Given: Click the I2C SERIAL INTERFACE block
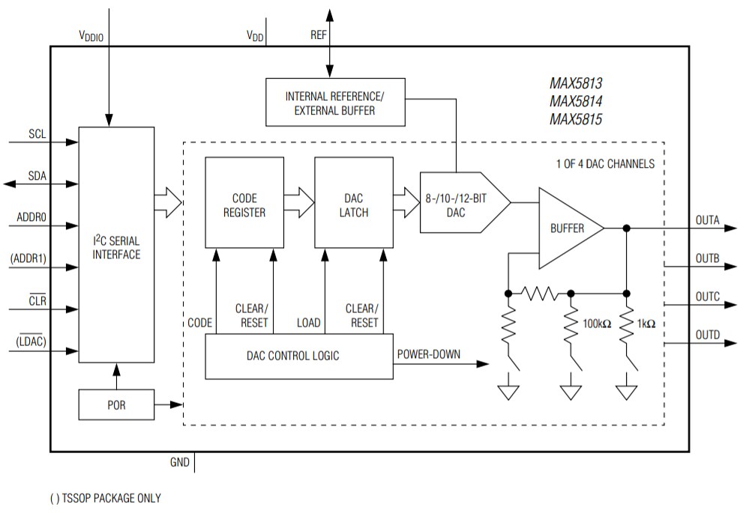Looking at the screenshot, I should point(116,247).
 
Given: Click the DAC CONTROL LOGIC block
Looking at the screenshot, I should point(298,356).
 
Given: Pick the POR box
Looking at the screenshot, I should point(116,405).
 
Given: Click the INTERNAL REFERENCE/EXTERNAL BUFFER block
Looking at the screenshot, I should point(335,103).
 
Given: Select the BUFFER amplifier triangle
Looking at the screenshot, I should point(568,228).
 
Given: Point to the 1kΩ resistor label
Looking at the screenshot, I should point(646,324).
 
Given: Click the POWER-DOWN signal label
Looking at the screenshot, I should point(430,354).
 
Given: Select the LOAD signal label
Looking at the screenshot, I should point(308,324).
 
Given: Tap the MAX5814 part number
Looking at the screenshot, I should point(576,101).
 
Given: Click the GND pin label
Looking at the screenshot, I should point(179,463).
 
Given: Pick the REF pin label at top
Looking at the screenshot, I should point(318,35).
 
